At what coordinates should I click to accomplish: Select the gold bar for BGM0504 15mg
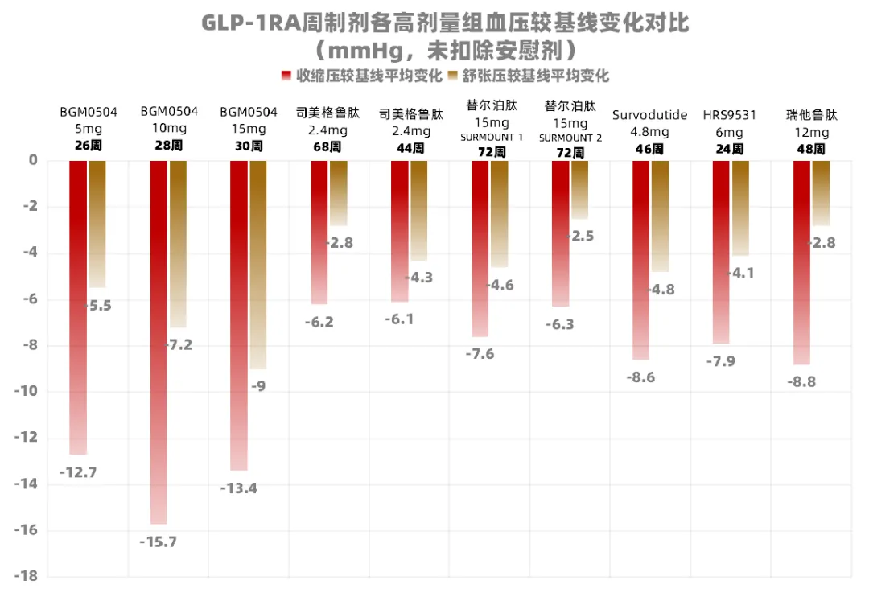(257, 266)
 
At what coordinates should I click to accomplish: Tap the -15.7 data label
(158, 542)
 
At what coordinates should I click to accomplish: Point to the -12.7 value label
(78, 472)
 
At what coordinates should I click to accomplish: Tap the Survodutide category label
(650, 115)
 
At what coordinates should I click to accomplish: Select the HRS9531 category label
(730, 115)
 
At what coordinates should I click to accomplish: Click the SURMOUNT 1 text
(492, 138)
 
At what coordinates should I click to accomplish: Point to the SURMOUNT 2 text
(570, 138)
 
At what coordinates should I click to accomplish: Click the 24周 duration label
(730, 149)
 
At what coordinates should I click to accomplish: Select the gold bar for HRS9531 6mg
(740, 208)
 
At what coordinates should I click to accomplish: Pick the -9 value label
(258, 386)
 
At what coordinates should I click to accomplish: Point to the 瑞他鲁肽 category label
(812, 115)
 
